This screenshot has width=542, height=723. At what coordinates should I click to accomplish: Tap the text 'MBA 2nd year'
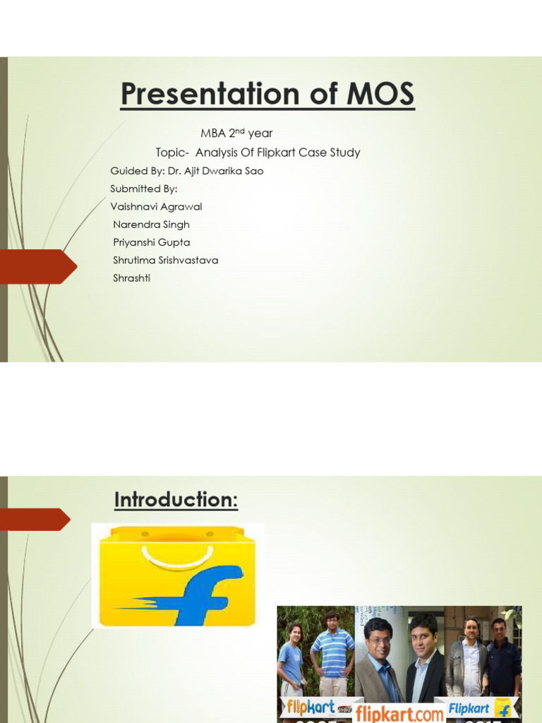pyautogui.click(x=236, y=133)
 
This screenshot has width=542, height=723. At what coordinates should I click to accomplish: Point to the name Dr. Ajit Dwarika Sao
pyautogui.click(x=215, y=172)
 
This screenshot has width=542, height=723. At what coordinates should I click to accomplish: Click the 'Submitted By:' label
pyautogui.click(x=144, y=189)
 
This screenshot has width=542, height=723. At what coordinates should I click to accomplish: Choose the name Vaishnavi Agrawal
pyautogui.click(x=156, y=207)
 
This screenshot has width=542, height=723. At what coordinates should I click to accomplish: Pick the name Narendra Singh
pyautogui.click(x=151, y=225)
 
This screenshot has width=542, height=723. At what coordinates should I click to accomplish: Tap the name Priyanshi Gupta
pyautogui.click(x=151, y=242)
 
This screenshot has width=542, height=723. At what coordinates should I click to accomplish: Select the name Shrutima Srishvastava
pyautogui.click(x=165, y=260)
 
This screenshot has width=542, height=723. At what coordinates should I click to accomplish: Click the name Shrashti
pyautogui.click(x=131, y=278)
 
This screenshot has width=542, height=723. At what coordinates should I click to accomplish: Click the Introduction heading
pyautogui.click(x=176, y=500)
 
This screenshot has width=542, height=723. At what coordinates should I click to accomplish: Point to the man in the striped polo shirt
pyautogui.click(x=332, y=650)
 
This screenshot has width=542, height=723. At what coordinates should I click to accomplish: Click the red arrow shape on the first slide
pyautogui.click(x=39, y=267)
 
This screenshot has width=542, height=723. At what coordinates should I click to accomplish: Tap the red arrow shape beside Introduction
pyautogui.click(x=35, y=520)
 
